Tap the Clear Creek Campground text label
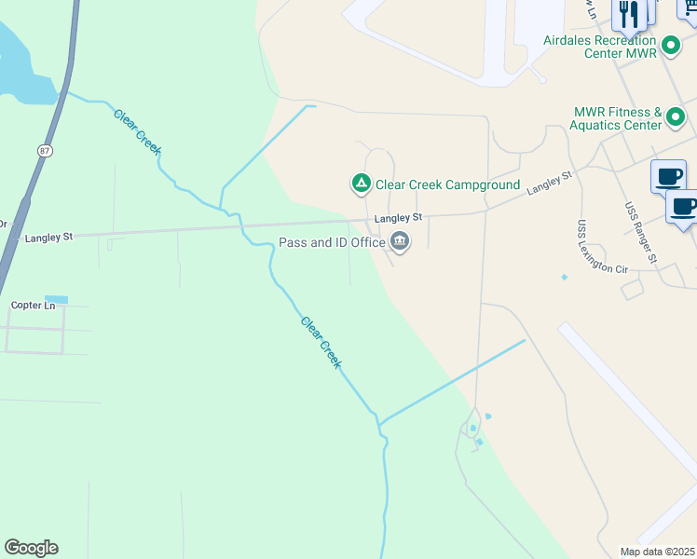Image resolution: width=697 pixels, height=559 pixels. (x=447, y=184)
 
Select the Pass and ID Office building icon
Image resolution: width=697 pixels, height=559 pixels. (x=400, y=241)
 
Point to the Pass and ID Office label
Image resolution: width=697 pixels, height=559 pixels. (x=333, y=242)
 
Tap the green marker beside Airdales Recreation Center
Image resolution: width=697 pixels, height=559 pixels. (x=670, y=45)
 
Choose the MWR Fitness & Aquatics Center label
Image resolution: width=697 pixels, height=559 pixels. (x=617, y=118)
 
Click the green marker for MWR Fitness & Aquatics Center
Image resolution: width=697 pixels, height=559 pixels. (x=676, y=118)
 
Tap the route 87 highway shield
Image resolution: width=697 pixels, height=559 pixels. (x=45, y=151)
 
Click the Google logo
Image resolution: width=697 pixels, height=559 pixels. (x=31, y=548)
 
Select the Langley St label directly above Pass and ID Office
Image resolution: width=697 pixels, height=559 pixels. (x=398, y=218)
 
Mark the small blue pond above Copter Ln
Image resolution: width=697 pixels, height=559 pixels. (x=56, y=299)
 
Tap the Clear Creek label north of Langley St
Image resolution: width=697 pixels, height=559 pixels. (x=138, y=131)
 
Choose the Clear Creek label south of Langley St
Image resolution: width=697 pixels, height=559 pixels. (x=321, y=342)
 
